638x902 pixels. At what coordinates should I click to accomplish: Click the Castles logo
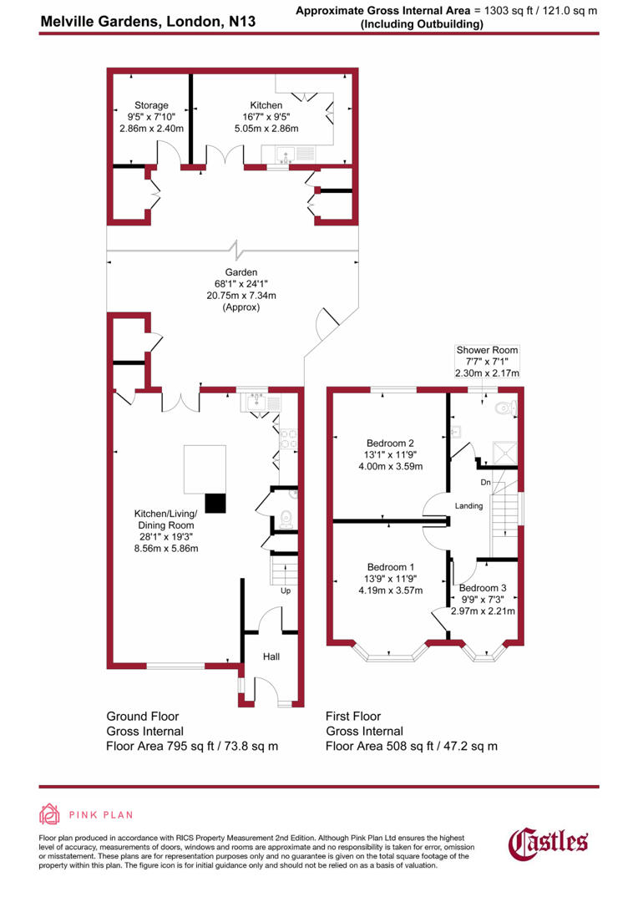549,842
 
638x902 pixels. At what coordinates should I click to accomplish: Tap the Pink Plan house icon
49,815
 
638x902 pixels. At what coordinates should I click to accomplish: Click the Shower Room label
486,350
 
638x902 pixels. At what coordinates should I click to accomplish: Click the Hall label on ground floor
271,657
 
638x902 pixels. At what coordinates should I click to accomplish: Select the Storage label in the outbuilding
148,106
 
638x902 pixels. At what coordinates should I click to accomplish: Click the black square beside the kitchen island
215,502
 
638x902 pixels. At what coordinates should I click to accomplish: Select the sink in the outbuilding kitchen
284,155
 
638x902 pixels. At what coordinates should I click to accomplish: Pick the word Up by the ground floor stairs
285,590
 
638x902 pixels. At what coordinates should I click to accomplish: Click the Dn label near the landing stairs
484,482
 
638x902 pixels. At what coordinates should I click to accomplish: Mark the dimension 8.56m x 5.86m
167,549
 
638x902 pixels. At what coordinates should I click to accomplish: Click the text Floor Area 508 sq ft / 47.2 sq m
411,746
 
